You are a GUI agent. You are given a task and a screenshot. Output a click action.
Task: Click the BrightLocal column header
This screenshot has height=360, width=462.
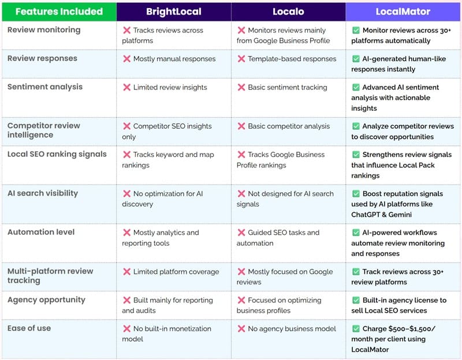point(173,12)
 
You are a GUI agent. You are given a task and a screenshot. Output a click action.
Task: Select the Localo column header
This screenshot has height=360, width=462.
point(288,12)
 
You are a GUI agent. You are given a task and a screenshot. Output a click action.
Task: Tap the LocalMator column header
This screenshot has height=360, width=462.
point(403,12)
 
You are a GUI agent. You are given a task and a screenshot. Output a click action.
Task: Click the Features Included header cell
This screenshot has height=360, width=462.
point(59,12)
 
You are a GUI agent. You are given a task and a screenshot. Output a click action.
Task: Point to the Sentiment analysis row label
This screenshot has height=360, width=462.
point(45,87)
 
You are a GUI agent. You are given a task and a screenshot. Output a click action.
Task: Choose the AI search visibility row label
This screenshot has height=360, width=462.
point(42,193)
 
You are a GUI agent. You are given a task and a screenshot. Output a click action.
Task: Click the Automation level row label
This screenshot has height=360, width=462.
point(41,232)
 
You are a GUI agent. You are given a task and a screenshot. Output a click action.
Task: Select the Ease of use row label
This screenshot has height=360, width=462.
point(29,328)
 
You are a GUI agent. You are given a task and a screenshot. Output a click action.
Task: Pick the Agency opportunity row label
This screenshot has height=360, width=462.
point(46,300)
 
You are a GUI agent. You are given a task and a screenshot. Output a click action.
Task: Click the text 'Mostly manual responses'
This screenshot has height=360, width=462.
point(174,59)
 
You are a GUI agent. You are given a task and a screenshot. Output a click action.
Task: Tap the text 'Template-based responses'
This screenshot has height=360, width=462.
point(292,59)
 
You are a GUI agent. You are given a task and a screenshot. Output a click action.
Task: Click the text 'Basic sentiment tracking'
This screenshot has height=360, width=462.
point(288,88)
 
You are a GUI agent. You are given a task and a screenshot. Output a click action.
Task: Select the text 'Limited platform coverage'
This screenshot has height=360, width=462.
point(176,272)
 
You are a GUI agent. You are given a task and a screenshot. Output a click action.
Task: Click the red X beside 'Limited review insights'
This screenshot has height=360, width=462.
point(126,88)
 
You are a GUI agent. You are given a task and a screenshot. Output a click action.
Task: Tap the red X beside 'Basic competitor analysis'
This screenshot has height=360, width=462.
point(241,126)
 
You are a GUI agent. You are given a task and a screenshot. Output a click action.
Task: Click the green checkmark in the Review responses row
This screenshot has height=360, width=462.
point(356,59)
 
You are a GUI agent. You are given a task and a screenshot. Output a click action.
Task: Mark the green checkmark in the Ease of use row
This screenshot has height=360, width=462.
point(356,329)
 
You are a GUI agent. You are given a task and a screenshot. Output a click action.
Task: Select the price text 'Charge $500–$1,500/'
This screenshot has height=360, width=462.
point(398,329)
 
